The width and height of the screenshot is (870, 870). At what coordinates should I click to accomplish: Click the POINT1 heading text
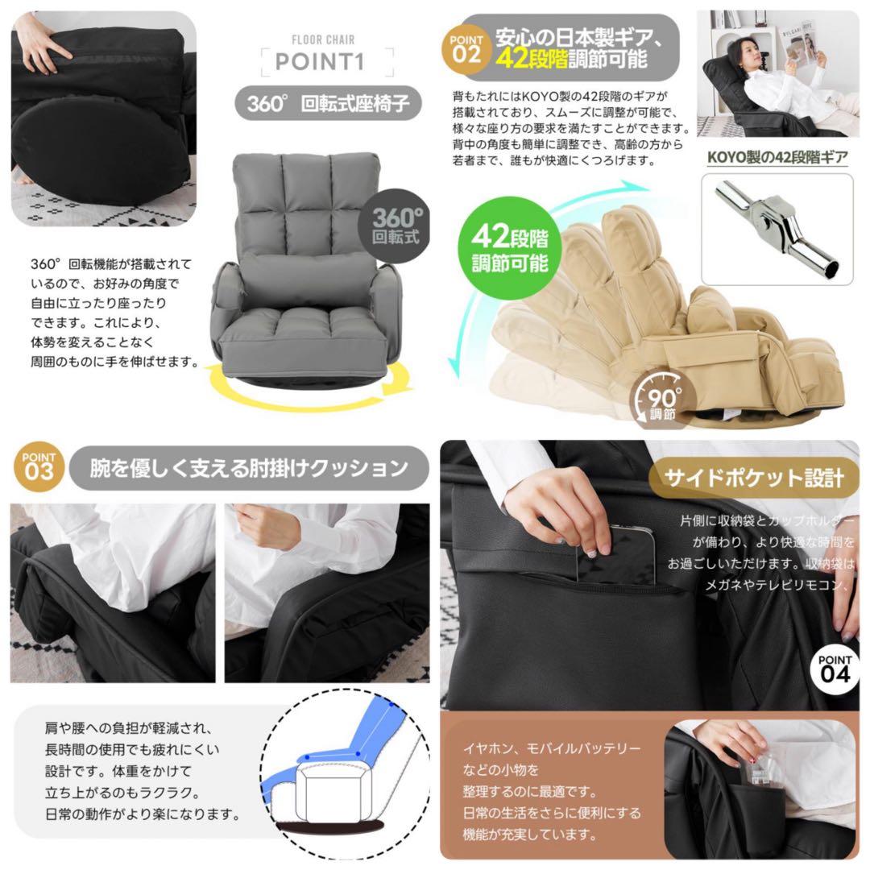[x=328, y=62]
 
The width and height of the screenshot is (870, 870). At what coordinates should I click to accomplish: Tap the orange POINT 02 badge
[x=467, y=48]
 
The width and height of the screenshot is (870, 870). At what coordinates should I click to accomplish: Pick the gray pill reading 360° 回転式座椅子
[x=329, y=104]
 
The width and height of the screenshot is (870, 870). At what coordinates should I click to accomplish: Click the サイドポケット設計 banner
[x=753, y=478]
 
